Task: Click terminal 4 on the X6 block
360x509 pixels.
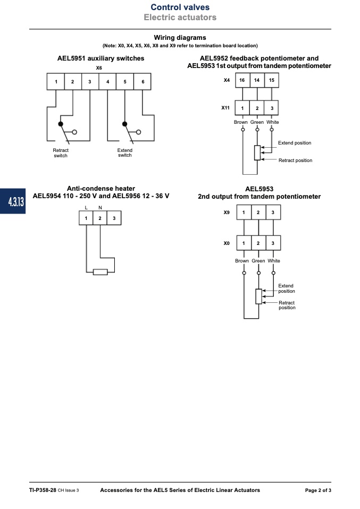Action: point(107,81)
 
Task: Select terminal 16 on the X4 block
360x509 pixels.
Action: point(242,80)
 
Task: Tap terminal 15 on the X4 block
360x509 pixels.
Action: point(272,80)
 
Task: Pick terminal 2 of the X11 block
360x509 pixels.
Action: point(257,108)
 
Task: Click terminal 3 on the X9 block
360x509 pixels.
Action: point(273,213)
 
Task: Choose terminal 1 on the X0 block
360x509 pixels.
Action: point(244,243)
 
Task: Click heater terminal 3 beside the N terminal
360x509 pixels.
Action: point(114,218)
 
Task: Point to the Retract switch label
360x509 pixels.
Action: point(61,153)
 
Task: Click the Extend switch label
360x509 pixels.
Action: point(125,152)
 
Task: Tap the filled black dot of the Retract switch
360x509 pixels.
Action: point(61,124)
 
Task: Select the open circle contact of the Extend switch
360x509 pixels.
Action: point(139,132)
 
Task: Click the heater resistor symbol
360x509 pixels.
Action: point(100,272)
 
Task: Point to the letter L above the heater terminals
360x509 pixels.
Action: point(86,208)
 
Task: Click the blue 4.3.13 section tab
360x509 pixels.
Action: point(13,201)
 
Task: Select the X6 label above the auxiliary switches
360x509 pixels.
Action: point(99,68)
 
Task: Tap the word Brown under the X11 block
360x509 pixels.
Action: point(241,122)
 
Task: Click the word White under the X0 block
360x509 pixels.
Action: point(274,261)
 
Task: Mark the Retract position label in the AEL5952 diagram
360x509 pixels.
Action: point(295,160)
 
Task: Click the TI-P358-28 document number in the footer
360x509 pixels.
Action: point(43,490)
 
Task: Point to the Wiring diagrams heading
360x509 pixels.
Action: point(180,38)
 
